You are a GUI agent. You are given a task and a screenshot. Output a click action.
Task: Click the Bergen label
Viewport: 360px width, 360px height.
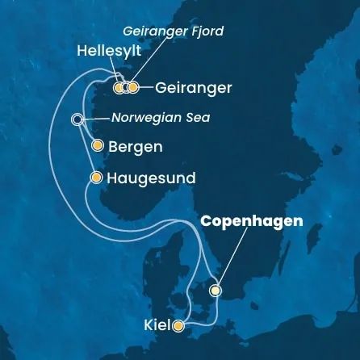(x=136, y=147)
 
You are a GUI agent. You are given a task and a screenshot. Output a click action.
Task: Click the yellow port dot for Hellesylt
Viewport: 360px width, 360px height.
(x=119, y=87)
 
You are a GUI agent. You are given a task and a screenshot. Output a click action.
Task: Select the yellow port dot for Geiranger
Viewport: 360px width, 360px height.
(x=135, y=87)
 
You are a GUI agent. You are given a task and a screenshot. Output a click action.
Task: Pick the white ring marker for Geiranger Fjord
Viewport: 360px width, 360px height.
(x=127, y=87)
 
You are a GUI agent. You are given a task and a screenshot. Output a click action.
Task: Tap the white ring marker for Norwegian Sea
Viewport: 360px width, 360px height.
(x=77, y=119)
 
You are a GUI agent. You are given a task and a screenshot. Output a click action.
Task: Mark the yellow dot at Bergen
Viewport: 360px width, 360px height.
(x=98, y=146)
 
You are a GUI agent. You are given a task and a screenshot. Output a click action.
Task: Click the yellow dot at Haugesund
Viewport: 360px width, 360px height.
(x=97, y=177)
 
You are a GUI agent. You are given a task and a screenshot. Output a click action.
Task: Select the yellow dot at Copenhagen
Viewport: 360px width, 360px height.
(x=216, y=290)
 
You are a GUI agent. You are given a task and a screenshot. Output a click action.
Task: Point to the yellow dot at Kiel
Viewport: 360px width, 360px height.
(x=178, y=326)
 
